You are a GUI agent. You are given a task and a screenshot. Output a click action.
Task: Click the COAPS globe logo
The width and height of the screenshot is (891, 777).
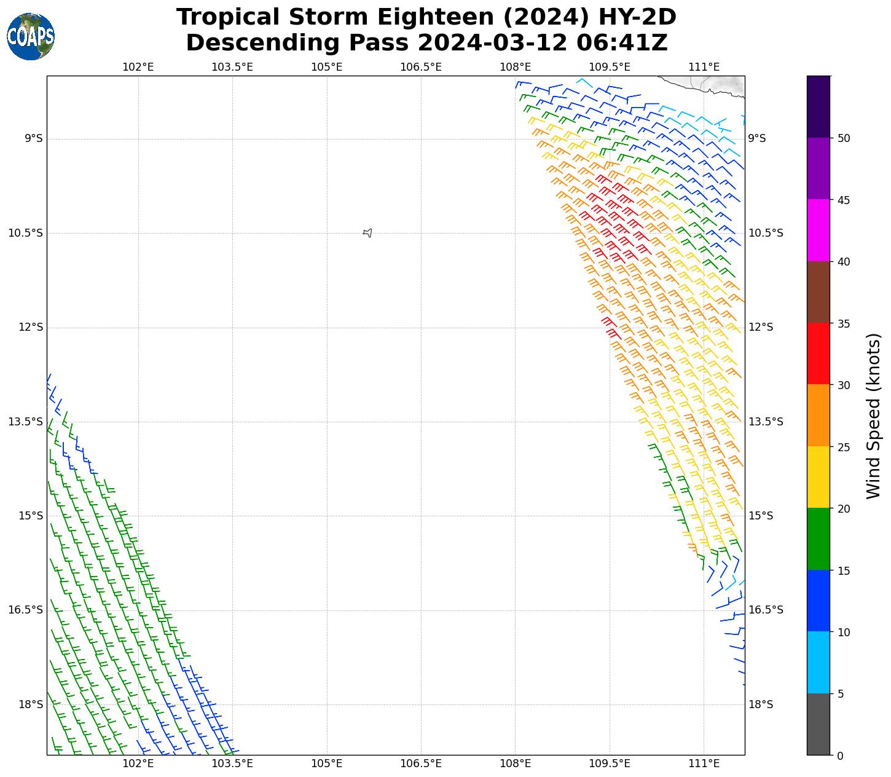tap(31, 37)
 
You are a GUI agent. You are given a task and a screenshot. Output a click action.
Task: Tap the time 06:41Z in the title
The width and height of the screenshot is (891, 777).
tap(622, 43)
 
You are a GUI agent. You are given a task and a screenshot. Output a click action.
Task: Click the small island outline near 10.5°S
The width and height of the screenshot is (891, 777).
tap(367, 232)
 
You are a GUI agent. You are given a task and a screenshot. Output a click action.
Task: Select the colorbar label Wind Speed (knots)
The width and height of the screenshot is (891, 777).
tap(873, 416)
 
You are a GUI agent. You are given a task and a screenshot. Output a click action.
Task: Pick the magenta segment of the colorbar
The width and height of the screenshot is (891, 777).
tap(818, 230)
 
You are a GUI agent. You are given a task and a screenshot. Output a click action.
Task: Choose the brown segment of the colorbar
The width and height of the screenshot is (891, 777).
tap(818, 292)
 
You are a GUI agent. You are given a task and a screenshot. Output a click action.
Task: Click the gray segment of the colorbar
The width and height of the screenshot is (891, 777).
tap(818, 724)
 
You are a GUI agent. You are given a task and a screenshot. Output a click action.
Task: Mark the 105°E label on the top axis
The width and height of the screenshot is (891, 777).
tap(326, 67)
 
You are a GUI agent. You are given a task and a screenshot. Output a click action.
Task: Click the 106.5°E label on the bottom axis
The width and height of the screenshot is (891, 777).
tap(421, 763)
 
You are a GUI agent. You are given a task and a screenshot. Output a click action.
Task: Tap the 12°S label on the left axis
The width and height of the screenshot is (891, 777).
tap(31, 327)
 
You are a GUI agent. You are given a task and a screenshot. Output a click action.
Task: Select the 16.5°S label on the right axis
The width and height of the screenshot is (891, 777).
tap(765, 610)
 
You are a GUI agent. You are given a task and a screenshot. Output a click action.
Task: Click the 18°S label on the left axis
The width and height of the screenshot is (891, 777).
tap(31, 704)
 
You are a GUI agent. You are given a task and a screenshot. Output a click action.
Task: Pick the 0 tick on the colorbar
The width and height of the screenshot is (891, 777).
tap(840, 755)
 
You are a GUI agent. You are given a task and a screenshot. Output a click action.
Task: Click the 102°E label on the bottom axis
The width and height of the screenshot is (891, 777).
tap(138, 763)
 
